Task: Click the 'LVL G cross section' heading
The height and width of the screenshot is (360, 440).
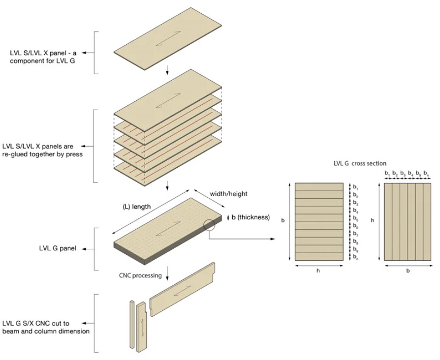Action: click(x=360, y=163)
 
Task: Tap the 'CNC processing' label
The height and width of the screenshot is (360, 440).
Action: click(x=140, y=275)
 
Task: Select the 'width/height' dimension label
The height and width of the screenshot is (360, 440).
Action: click(x=229, y=194)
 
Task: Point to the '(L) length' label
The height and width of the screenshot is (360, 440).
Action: click(x=136, y=207)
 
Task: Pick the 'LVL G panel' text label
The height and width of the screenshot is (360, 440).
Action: click(x=58, y=249)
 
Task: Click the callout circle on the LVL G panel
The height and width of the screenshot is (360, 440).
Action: click(x=209, y=225)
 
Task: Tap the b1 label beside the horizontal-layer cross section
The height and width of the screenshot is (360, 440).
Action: click(x=355, y=187)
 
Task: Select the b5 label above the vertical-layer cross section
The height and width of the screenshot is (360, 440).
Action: click(x=418, y=173)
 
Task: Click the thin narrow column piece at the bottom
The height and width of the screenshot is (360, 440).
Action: click(x=132, y=324)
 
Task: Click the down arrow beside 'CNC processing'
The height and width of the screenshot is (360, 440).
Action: click(x=167, y=273)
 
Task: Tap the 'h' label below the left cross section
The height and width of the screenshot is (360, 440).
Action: click(x=318, y=271)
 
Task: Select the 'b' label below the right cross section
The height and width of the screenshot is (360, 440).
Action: click(x=408, y=271)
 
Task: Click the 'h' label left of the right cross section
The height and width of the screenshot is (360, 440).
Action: click(x=373, y=221)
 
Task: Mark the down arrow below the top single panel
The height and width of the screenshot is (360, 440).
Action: click(x=167, y=70)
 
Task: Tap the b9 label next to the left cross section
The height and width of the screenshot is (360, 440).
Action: click(x=355, y=249)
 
